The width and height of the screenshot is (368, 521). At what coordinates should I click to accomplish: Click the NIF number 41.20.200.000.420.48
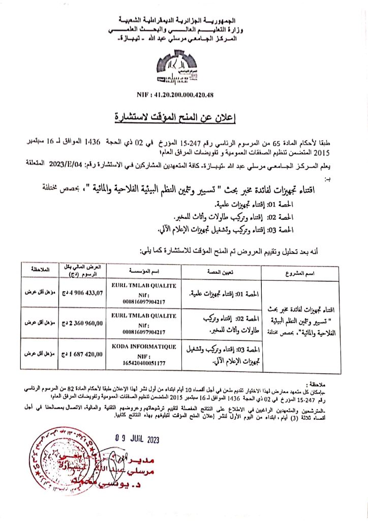tap(183, 95)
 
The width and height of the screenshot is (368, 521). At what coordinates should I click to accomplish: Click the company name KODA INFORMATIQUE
tap(143, 346)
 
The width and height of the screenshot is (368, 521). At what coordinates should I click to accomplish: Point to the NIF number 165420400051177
tap(143, 363)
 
